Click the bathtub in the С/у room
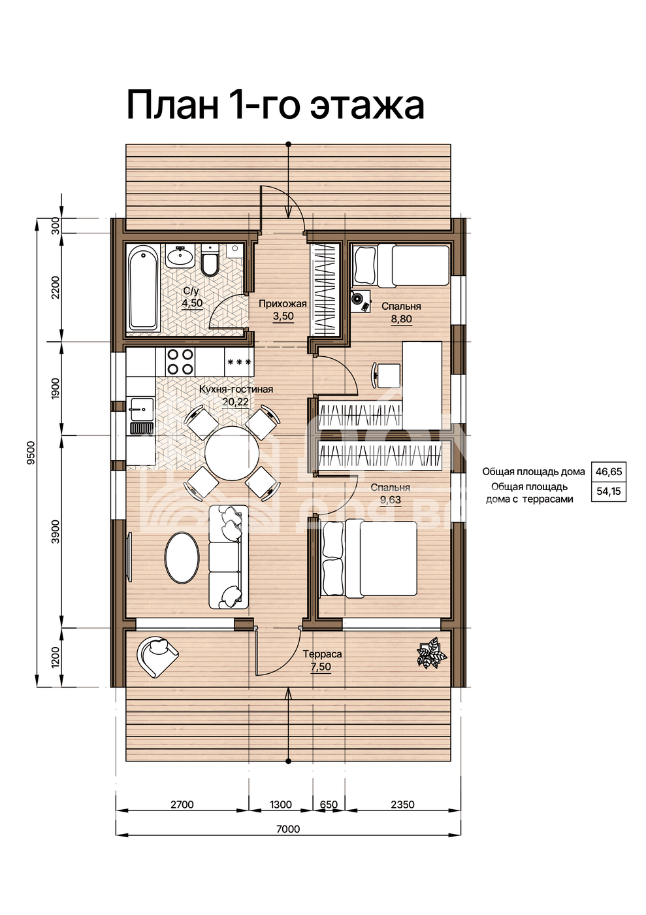point(143,289)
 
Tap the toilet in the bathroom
point(210,260)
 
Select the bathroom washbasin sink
point(180,256)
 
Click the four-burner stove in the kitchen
point(180,361)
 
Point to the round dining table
point(232,454)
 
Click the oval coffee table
point(182,557)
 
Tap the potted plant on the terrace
point(431,655)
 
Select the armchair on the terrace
point(157,655)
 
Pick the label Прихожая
point(283,304)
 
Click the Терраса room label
point(322,654)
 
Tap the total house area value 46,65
point(608,472)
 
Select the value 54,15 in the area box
point(608,491)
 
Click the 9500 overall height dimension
point(33,452)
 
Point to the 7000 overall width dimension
point(288,829)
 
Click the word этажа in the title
point(367,105)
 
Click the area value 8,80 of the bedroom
point(402,319)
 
